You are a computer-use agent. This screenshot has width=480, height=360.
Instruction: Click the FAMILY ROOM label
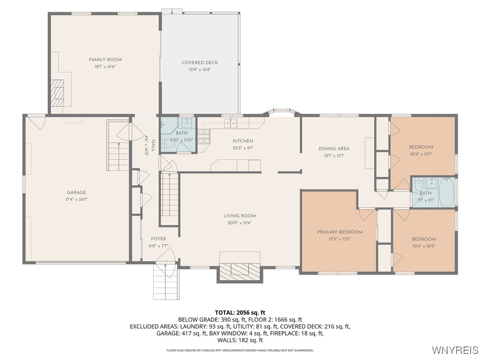[x=105, y=60]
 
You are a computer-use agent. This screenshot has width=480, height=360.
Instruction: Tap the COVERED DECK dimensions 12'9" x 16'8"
[x=200, y=69]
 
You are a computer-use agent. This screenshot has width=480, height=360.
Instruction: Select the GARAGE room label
[x=76, y=192]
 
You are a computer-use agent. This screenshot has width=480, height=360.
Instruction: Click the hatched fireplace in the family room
[x=57, y=93]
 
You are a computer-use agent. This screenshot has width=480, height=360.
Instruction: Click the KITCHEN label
[x=243, y=141]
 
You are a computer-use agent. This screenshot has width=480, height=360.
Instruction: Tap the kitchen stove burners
[x=204, y=136]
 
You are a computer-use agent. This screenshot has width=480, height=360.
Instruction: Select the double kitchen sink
[x=231, y=123]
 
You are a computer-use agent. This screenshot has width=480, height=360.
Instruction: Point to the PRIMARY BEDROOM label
[x=340, y=232]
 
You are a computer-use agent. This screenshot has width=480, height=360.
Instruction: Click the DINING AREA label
[x=334, y=149]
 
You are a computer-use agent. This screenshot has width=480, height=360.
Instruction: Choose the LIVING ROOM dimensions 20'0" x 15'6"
[x=240, y=223]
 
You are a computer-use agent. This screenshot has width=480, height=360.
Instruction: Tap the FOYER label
[x=158, y=239]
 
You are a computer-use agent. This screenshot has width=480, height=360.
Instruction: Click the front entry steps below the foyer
[x=165, y=281]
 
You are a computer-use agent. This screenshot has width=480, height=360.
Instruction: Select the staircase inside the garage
[x=118, y=146]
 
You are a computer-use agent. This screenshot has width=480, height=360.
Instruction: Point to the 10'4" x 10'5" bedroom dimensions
[x=424, y=246]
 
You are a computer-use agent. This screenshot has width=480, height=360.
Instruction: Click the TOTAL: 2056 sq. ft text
[x=240, y=313]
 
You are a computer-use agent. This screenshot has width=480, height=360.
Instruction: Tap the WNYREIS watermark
[x=455, y=350]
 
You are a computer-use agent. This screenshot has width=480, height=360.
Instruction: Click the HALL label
[x=153, y=146]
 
